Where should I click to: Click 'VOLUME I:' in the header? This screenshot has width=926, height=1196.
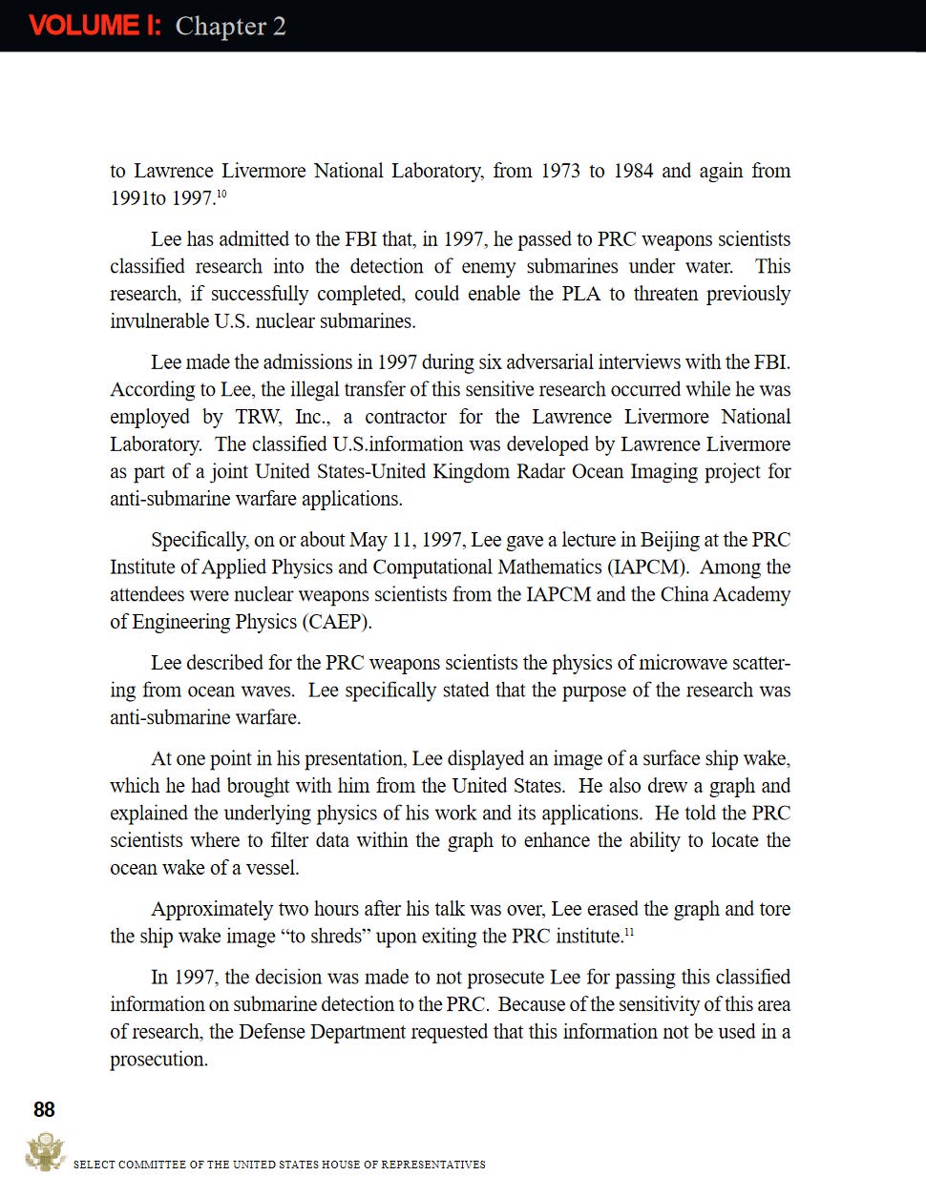point(95,26)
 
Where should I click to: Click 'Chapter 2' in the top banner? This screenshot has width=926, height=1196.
point(230,26)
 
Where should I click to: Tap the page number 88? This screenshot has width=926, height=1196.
point(44,1109)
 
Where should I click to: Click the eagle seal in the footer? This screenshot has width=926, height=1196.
point(44,1152)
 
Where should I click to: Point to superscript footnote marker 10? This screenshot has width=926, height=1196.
point(221,194)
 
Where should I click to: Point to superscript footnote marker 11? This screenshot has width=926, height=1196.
point(629,932)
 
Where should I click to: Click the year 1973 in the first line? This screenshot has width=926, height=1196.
point(560,171)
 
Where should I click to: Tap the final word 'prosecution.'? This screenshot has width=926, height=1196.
point(158,1060)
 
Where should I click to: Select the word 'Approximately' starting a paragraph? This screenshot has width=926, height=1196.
point(212,909)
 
